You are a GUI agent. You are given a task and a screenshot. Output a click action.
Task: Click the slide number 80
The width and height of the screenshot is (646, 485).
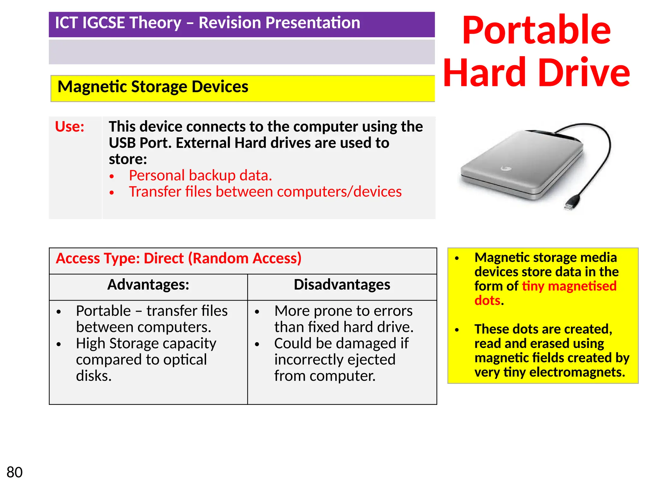(x=15, y=472)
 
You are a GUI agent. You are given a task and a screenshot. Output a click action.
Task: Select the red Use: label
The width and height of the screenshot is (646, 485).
(x=70, y=127)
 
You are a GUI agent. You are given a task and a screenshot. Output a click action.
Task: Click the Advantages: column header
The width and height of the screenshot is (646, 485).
(x=148, y=284)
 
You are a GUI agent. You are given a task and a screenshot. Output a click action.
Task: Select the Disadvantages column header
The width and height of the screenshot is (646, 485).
(x=342, y=284)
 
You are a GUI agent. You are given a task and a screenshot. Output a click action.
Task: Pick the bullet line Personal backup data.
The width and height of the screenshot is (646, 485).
(x=200, y=176)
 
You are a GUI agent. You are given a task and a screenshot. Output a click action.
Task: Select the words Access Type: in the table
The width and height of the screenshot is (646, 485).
(x=98, y=258)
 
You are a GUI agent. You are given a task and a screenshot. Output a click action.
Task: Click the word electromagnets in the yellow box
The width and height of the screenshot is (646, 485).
(x=577, y=372)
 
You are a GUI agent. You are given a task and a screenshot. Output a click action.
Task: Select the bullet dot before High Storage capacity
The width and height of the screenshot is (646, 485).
(x=59, y=344)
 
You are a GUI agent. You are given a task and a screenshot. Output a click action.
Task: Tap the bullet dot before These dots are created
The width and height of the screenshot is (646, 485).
(x=457, y=330)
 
